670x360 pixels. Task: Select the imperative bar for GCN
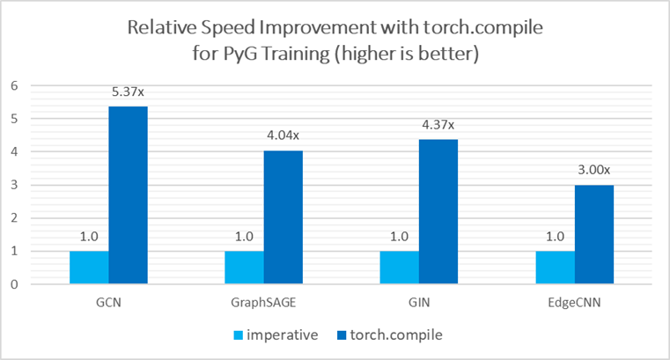(x=88, y=268)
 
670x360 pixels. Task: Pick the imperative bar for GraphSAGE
(x=244, y=268)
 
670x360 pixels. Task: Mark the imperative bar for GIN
(x=400, y=268)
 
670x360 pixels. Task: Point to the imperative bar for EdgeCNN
(x=556, y=268)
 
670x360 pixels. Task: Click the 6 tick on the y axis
(x=13, y=85)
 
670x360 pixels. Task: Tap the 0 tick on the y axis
(x=13, y=284)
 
